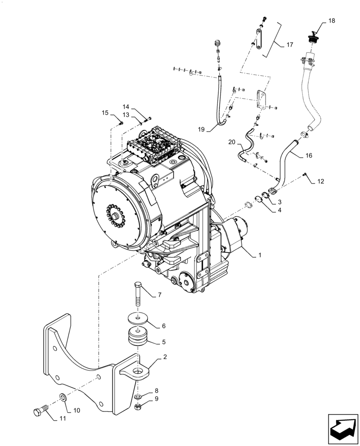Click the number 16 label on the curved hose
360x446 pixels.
(x=309, y=156)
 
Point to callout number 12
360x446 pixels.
(x=321, y=182)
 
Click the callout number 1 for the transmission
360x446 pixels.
(x=259, y=256)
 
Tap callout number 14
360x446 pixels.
(x=126, y=107)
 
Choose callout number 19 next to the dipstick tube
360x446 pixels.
(x=202, y=129)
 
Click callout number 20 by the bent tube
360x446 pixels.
(x=231, y=142)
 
